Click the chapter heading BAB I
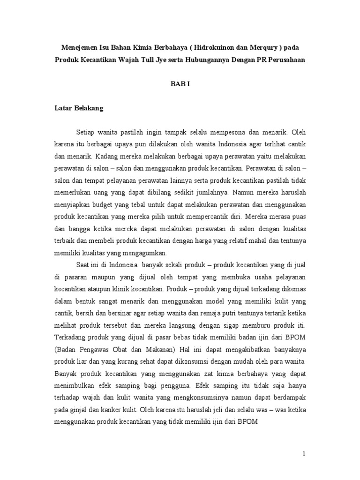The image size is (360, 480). (180, 84)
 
